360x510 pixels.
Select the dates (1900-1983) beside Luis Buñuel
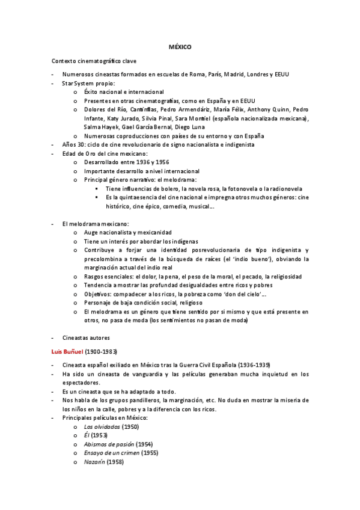[x=101, y=351]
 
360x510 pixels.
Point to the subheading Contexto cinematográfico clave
[x=94, y=61]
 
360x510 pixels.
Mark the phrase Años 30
[x=73, y=145]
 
